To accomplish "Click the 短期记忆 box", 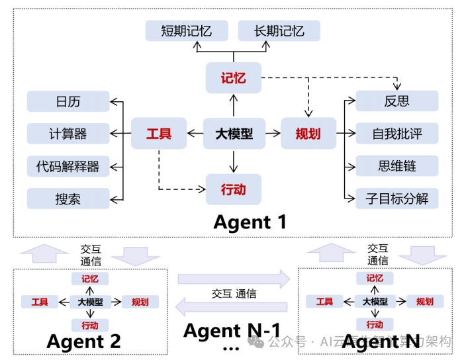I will coord(187,31).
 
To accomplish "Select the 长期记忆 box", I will coord(279,31).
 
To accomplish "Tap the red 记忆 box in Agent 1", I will coord(233,78).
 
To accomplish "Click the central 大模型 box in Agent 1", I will coord(234,134).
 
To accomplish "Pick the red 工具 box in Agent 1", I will coord(159,134).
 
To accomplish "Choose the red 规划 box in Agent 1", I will coord(308,134).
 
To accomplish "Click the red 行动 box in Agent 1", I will coord(233,189).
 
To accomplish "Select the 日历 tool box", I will coord(68,101).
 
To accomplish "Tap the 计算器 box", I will coord(68,134).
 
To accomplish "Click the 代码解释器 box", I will coord(68,166).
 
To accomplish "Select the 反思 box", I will coord(397,101).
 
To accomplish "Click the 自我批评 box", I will coord(397,134).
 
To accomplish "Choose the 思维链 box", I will coord(397,166).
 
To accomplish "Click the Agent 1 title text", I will coord(250,222).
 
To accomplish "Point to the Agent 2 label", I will coord(83,341).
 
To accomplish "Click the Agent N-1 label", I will coord(232,330).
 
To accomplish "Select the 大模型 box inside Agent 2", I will coord(90,302).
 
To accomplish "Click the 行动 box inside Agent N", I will coord(375,324).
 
